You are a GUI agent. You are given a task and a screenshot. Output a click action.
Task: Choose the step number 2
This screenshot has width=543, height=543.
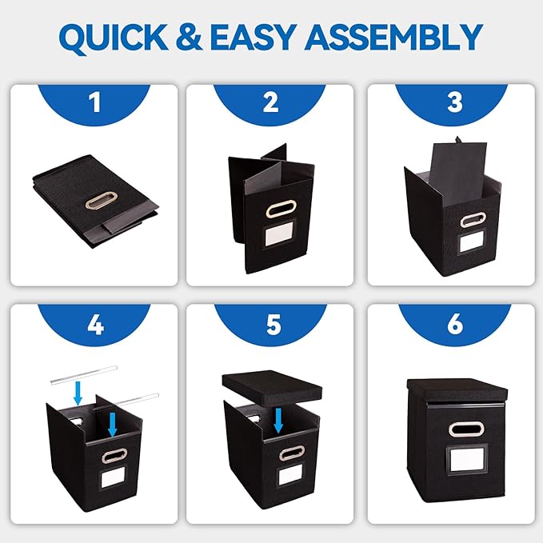tap(271, 102)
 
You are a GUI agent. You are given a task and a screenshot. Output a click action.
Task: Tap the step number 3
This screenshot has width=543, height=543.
tap(455, 102)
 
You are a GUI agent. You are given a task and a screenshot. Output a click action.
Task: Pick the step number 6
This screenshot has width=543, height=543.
tap(455, 324)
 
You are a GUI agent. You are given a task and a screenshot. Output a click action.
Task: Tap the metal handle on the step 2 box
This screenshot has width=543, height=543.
tap(279, 209)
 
